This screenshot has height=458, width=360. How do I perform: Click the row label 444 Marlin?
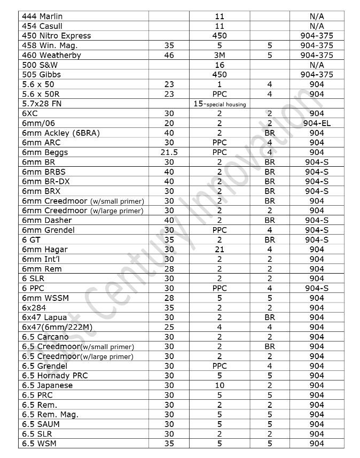(x=42, y=17)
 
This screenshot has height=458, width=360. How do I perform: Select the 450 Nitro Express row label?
(x=57, y=36)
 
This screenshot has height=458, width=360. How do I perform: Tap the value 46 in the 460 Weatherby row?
(x=169, y=55)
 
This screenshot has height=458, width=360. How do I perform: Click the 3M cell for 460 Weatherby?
(x=219, y=55)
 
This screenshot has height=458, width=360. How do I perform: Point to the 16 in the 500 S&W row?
(x=219, y=65)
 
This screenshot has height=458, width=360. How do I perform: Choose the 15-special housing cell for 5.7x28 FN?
(x=219, y=104)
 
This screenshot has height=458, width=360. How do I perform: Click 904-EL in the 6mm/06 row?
(x=316, y=123)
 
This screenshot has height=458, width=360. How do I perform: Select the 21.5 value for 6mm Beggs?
(x=169, y=152)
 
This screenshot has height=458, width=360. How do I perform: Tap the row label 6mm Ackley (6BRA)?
(x=61, y=133)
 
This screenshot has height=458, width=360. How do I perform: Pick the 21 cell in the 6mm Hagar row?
(x=219, y=249)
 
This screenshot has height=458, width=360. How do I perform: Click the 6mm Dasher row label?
(x=47, y=220)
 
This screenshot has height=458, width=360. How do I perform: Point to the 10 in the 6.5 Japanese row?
(x=219, y=385)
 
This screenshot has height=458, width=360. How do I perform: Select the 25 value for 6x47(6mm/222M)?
(x=169, y=327)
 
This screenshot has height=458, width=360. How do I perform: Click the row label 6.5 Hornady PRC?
(x=55, y=376)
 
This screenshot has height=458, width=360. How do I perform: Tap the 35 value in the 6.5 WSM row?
(x=169, y=444)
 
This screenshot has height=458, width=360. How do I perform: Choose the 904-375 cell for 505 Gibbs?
(x=316, y=74)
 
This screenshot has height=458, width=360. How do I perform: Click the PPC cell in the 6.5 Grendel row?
(x=219, y=366)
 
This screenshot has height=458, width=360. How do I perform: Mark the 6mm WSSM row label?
(x=45, y=298)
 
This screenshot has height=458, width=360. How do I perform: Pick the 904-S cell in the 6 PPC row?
(x=316, y=288)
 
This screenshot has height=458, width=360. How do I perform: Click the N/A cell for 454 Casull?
(x=316, y=26)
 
